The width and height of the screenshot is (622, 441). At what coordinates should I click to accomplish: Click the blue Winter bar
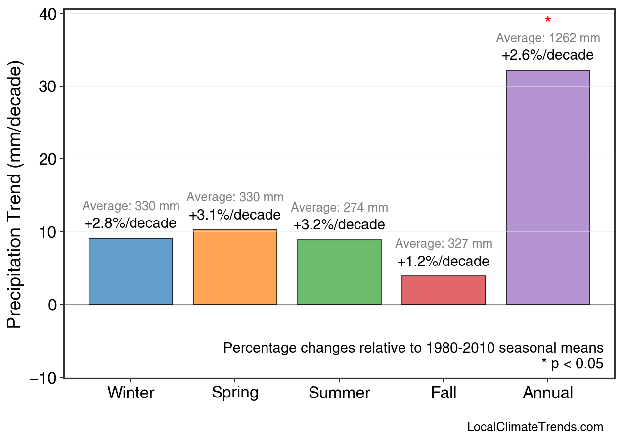[x=131, y=271]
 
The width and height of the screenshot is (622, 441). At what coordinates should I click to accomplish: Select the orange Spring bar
[x=235, y=267]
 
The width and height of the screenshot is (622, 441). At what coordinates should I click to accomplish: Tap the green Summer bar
[x=339, y=272]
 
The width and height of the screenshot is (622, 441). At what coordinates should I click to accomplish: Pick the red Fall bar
[x=444, y=290]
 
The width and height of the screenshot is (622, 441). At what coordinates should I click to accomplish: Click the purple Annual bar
[x=548, y=187]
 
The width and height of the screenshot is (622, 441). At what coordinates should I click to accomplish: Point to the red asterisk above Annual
[x=548, y=21]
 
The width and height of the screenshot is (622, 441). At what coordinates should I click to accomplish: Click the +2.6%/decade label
[x=548, y=55]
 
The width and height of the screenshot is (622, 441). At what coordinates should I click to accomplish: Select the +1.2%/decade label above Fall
[x=444, y=261]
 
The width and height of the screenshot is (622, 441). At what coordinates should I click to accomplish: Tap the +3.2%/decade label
[x=339, y=225]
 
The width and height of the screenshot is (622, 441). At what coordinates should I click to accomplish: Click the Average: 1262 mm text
[x=548, y=38]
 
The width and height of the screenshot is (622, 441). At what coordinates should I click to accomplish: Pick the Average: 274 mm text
[x=339, y=208]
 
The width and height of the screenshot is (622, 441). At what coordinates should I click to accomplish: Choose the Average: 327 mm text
[x=444, y=244]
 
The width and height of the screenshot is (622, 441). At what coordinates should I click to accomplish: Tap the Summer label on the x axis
[x=339, y=393]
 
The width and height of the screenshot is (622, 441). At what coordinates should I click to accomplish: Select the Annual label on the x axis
[x=548, y=393]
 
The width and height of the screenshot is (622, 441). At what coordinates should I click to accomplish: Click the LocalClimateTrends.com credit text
[x=535, y=427]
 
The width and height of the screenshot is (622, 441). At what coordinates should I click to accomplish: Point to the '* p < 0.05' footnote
[x=572, y=364]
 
